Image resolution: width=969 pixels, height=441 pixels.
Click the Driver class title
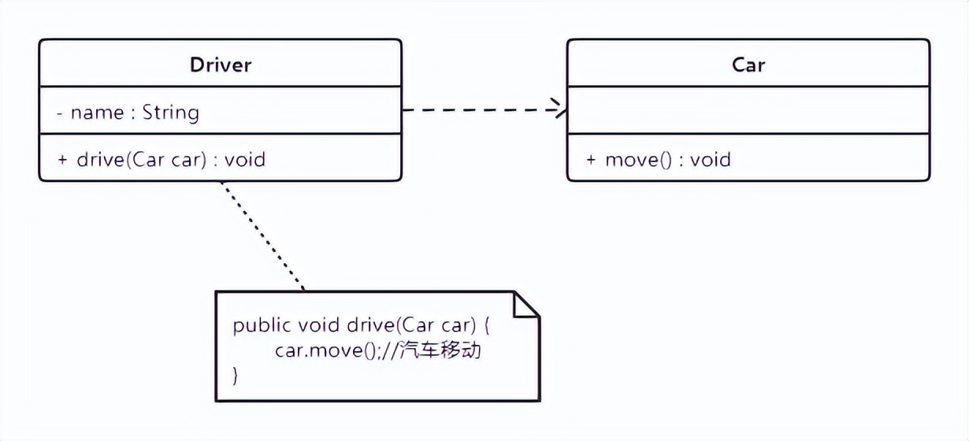click(x=221, y=65)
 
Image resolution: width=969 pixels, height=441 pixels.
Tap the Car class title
click(x=748, y=65)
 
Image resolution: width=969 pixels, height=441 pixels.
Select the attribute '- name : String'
click(x=128, y=113)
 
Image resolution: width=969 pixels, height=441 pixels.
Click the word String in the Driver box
click(x=171, y=113)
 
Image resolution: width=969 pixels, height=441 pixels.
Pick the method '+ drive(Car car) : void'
click(x=161, y=160)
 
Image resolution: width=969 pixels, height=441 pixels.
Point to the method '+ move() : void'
click(x=659, y=160)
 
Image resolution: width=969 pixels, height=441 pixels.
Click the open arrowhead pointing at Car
click(x=560, y=109)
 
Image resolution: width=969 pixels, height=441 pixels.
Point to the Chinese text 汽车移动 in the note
click(x=440, y=351)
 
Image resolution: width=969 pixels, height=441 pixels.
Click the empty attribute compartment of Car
click(x=748, y=110)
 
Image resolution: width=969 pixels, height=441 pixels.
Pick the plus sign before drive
click(x=63, y=160)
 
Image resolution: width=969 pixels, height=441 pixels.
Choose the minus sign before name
click(x=60, y=113)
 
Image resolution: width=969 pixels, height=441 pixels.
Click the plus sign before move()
click(x=591, y=160)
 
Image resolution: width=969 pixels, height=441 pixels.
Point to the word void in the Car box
click(x=711, y=160)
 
